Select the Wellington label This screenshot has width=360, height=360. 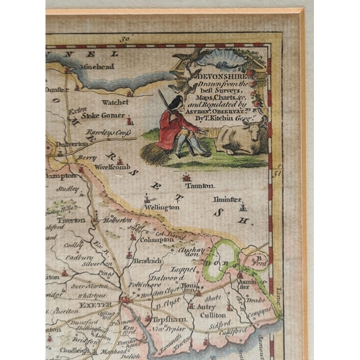(161, 207)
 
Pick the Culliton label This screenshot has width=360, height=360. (216, 315)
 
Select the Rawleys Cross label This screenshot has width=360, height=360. (104, 132)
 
